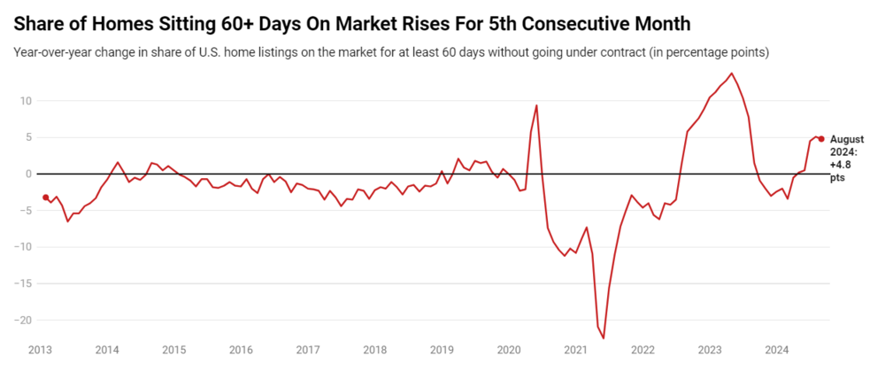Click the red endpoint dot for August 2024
820,138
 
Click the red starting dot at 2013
45,198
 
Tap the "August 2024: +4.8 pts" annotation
846,159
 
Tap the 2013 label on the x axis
40,350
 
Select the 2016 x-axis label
241,350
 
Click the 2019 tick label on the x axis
442,350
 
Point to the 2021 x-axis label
575,350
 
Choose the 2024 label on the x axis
776,350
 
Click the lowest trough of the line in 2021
604,337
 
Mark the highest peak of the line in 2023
731,74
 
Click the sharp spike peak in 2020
536,105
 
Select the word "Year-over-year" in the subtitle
54,52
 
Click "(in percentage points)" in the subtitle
709,52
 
